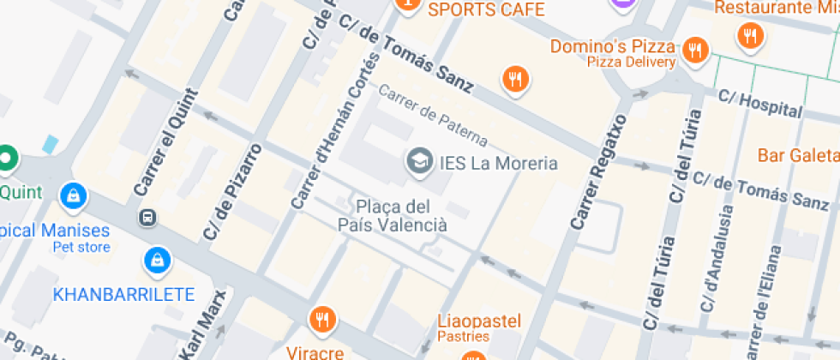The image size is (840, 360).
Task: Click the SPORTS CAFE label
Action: click(x=486, y=9)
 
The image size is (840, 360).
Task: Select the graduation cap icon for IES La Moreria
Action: click(x=419, y=160)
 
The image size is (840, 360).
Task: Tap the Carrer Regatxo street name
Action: click(x=597, y=171)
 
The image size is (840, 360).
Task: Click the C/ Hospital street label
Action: click(x=760, y=102)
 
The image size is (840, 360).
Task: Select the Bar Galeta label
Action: click(x=798, y=155)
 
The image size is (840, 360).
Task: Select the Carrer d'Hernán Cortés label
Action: click(x=335, y=131)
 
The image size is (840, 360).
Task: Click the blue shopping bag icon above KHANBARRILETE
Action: click(x=157, y=257)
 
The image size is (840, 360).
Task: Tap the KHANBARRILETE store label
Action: click(x=123, y=295)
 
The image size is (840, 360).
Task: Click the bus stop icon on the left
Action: click(x=147, y=218)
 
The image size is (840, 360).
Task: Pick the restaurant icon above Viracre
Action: click(x=322, y=319)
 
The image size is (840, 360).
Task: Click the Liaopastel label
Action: click(x=479, y=321)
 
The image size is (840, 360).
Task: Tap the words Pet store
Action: click(x=81, y=247)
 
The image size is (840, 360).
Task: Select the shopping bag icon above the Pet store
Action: click(x=75, y=195)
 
